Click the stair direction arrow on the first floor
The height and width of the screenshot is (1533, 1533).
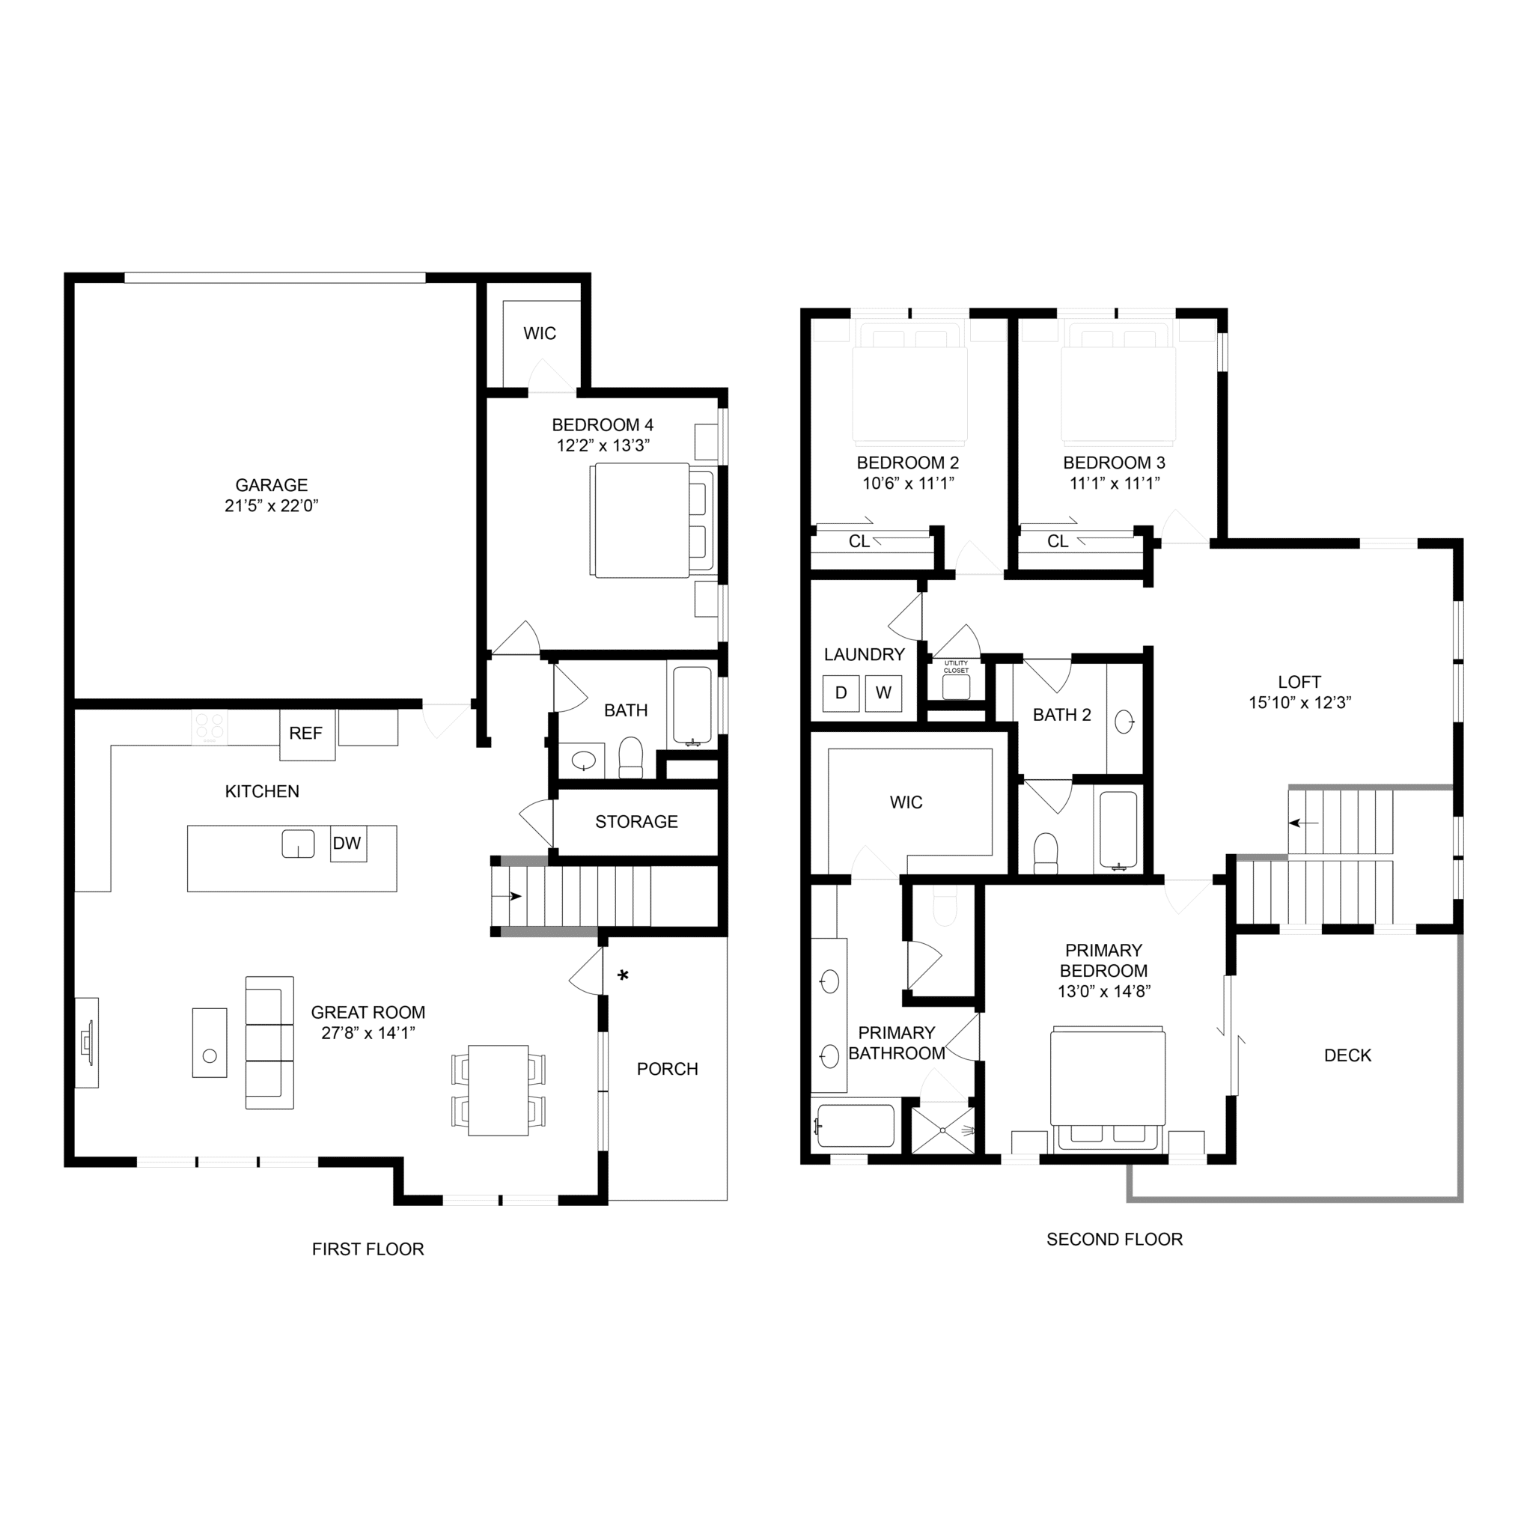pos(508,897)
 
